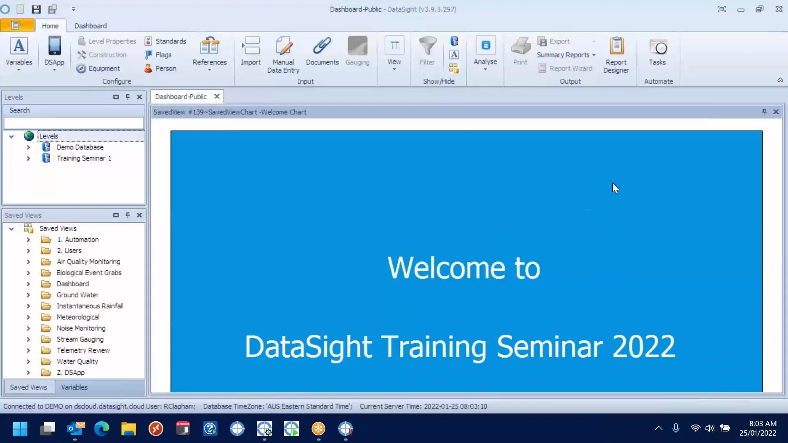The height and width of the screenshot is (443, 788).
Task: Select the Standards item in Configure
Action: [x=166, y=41]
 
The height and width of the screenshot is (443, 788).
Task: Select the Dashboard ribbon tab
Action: [x=90, y=26]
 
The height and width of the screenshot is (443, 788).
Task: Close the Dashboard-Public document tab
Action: [x=217, y=96]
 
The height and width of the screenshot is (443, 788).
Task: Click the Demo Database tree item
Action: [x=80, y=147]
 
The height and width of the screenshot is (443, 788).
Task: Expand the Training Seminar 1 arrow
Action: [x=28, y=158]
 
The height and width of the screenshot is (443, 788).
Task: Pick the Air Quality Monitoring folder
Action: [x=88, y=262]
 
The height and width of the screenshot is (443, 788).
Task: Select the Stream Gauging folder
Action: [x=80, y=339]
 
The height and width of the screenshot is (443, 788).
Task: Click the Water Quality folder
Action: [x=77, y=361]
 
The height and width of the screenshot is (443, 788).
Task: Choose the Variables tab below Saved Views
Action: [x=74, y=387]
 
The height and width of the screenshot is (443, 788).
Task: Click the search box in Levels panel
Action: [x=74, y=123]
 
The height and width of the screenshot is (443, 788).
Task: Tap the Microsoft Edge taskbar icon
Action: [x=101, y=429]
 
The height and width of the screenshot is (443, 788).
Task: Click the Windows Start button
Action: [x=20, y=429]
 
